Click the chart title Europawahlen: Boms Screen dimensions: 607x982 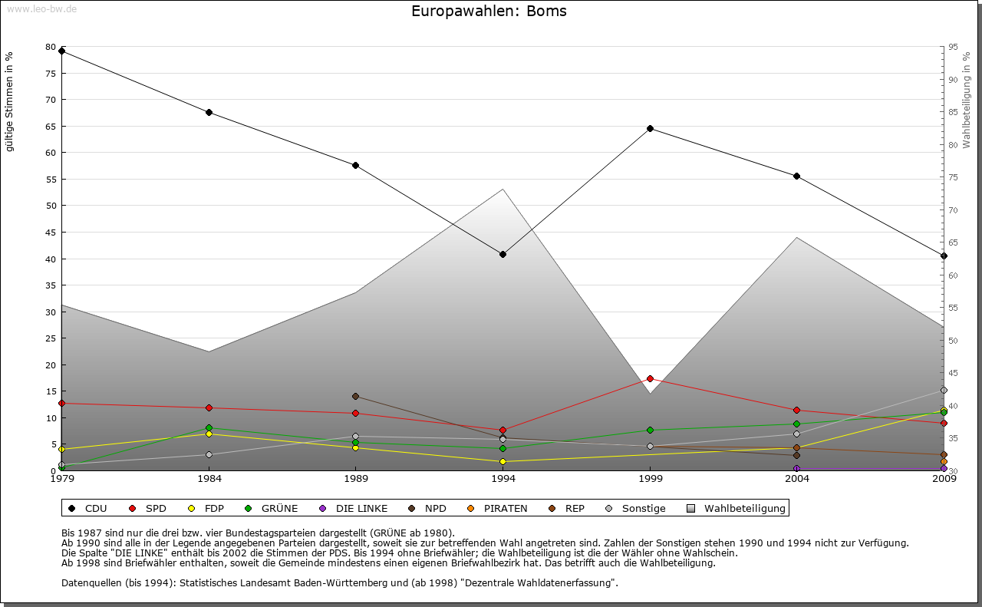489,12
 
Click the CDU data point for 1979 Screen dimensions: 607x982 62,51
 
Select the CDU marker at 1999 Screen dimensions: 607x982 650,128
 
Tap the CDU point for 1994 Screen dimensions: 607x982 503,254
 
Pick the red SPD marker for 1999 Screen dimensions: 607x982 650,378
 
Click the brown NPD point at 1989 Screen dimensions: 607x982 355,396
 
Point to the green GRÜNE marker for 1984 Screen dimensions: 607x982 209,428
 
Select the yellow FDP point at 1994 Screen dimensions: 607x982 503,461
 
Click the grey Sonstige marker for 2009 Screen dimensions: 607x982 944,390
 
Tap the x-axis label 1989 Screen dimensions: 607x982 355,480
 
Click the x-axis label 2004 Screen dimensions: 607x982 796,480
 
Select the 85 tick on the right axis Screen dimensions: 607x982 952,112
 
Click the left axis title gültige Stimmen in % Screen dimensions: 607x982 9,101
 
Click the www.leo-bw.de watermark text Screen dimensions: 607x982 41,8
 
